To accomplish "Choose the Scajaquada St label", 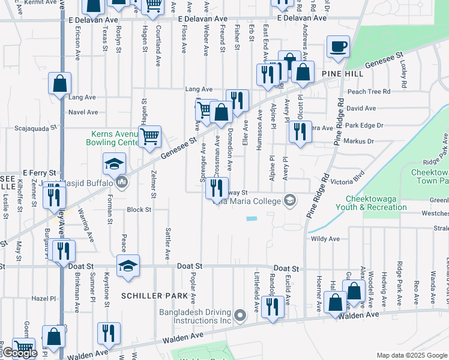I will [35, 128].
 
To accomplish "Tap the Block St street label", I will [139, 210].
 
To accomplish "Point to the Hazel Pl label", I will [43, 298].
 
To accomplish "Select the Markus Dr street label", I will [359, 142].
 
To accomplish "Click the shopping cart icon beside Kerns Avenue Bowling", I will [149, 136].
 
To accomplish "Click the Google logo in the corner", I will [20, 353].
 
